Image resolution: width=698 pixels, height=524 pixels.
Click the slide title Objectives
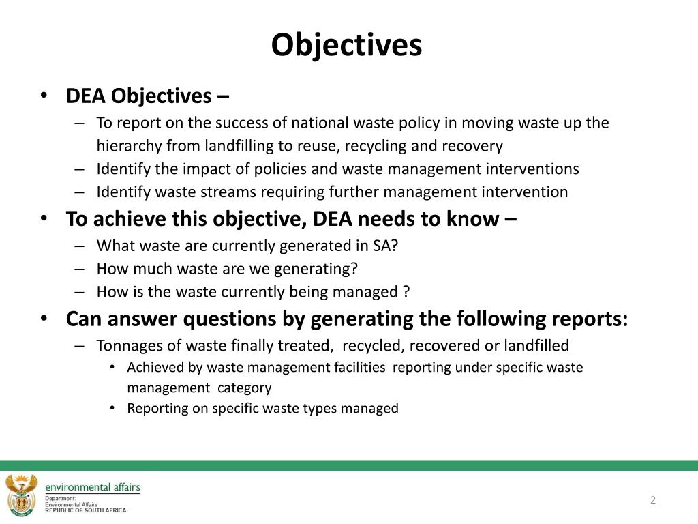(346, 46)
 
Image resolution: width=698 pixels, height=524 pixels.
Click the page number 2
(652, 500)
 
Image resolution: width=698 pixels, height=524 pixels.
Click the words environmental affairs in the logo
(92, 486)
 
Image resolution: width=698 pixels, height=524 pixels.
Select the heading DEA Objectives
(139, 97)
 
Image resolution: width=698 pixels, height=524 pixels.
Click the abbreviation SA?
(385, 246)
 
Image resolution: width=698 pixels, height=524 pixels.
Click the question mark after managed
(406, 292)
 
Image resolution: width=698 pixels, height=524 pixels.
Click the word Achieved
(155, 367)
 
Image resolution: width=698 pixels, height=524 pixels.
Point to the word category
(244, 388)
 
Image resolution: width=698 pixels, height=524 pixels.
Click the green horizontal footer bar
(349, 465)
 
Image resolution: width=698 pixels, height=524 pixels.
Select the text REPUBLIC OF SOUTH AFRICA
(85, 510)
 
